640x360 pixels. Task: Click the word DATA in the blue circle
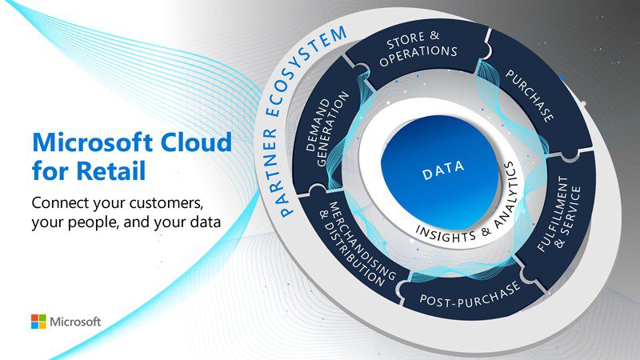[x=443, y=170]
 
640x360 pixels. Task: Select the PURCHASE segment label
[x=530, y=95]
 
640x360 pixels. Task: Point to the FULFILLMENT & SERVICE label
[x=559, y=213]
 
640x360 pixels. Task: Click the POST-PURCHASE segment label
[x=470, y=294]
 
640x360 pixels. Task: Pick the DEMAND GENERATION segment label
[x=327, y=129]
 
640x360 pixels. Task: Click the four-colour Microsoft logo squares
[x=38, y=322]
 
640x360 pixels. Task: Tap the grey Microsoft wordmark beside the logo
[x=75, y=322]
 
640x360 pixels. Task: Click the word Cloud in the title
[x=196, y=142]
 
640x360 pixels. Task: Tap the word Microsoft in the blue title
[x=92, y=142]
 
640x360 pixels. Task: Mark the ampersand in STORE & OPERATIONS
[x=434, y=35]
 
